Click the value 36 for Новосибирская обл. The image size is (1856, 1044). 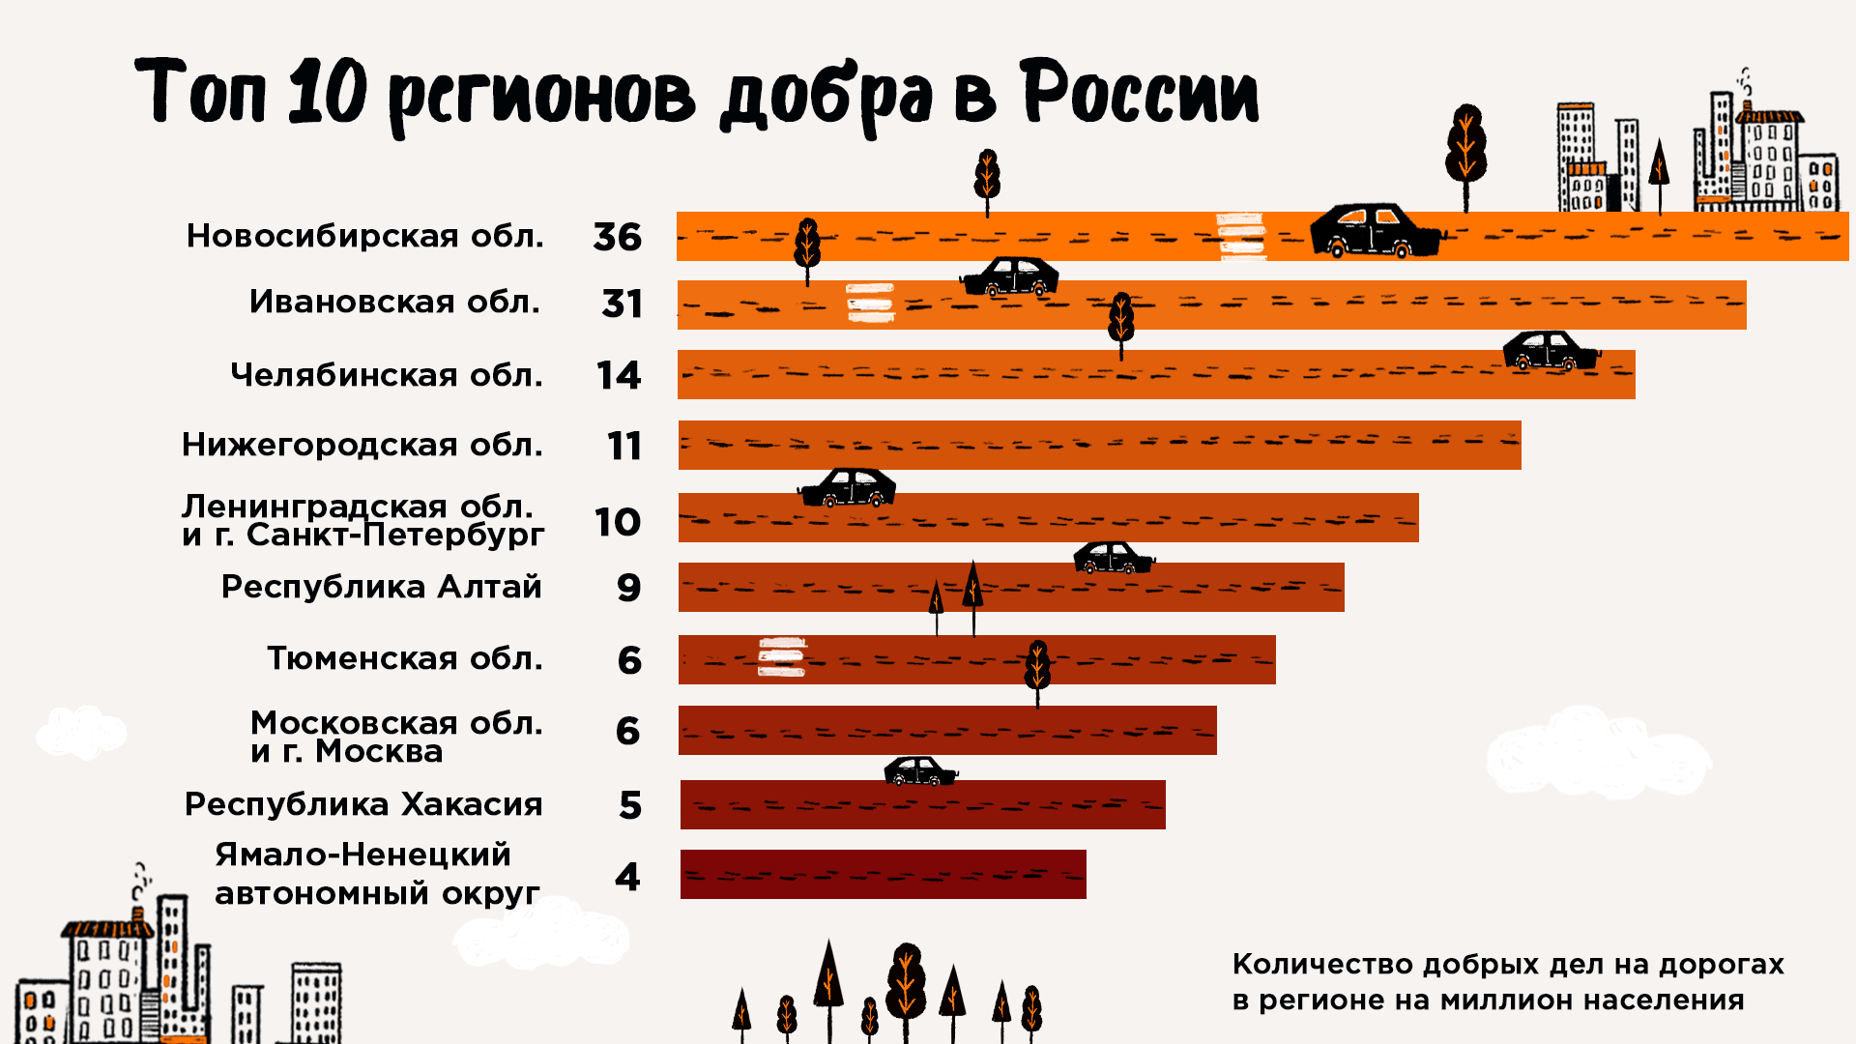pyautogui.click(x=617, y=237)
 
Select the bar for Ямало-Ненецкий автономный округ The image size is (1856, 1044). pyautogui.click(x=883, y=874)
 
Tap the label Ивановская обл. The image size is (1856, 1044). pyautogui.click(x=394, y=302)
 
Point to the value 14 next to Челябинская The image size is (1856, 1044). pyautogui.click(x=619, y=375)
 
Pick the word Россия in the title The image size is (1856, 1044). pyautogui.click(x=1140, y=93)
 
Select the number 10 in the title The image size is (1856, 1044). pyautogui.click(x=328, y=93)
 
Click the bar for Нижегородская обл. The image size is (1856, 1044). pyautogui.click(x=1099, y=445)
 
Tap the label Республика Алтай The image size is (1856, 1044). pyautogui.click(x=381, y=587)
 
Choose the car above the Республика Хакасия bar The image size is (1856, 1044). pyautogui.click(x=919, y=771)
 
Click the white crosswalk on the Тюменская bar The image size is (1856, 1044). pyautogui.click(x=781, y=657)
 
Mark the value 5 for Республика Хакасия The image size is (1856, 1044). pyautogui.click(x=630, y=805)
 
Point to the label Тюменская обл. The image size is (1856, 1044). pyautogui.click(x=404, y=658)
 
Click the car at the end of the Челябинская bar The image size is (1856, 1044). pyautogui.click(x=1550, y=351)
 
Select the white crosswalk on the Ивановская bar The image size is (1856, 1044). pyautogui.click(x=869, y=303)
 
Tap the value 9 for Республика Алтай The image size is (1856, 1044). pyautogui.click(x=628, y=588)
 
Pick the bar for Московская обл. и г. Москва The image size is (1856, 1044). pyautogui.click(x=947, y=730)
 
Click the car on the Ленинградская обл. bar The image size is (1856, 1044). pyautogui.click(x=848, y=488)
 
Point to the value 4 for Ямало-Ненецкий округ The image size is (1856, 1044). pyautogui.click(x=627, y=877)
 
